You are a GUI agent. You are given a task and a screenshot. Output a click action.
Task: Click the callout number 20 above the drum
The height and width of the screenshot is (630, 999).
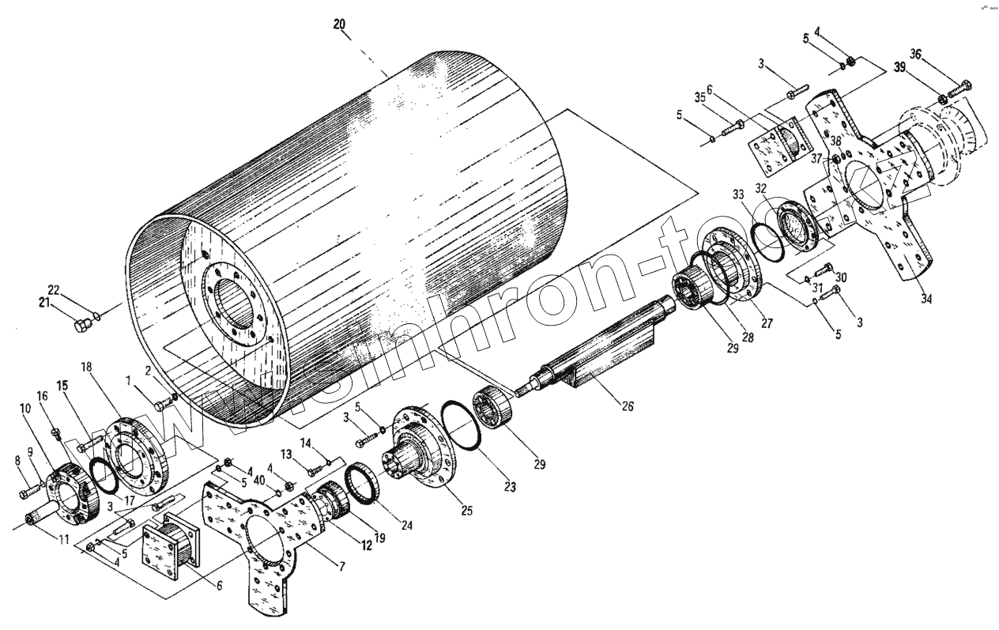pos(339,25)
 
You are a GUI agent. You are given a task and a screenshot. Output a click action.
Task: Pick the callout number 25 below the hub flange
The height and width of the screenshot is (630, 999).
pos(466,511)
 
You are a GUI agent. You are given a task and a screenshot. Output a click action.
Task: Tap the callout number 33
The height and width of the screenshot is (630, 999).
pos(738,194)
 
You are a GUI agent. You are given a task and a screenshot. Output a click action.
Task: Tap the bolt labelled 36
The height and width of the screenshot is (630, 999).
pos(962,88)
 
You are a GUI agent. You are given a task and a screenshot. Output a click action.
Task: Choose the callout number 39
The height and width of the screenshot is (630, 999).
pos(900,68)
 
